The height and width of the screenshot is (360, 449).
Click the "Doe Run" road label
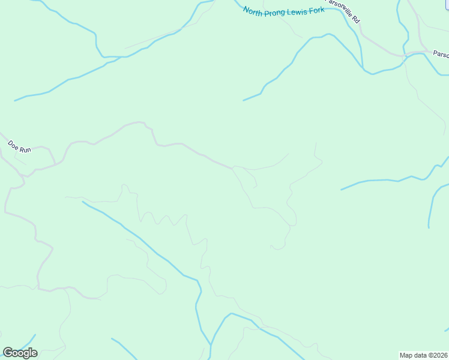pos(19,146)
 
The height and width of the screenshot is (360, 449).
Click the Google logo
pos(20,352)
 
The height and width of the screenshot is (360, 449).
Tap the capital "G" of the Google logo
pos(8,352)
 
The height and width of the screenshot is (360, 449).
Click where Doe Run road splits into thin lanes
pos(233,167)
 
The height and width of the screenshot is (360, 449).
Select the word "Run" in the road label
pos(25,149)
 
